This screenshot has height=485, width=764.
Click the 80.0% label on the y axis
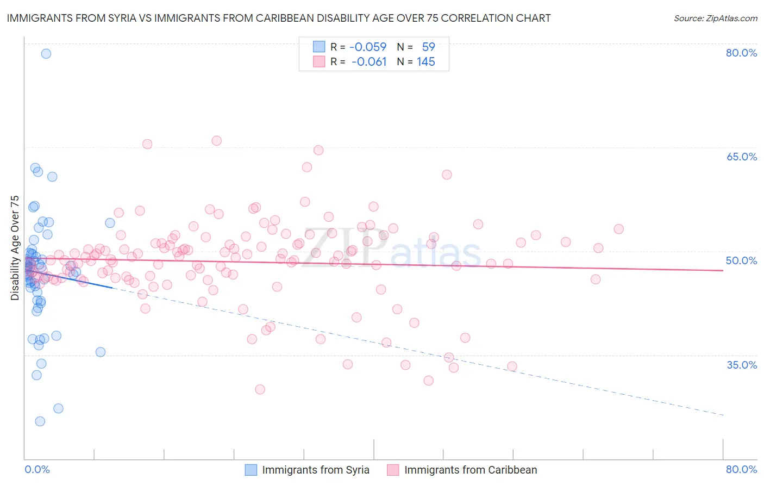(x=741, y=53)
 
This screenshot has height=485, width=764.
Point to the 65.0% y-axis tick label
(x=741, y=157)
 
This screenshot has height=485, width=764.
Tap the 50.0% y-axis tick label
(x=741, y=260)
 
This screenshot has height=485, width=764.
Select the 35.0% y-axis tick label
(x=741, y=365)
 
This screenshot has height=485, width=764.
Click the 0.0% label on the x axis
(x=37, y=469)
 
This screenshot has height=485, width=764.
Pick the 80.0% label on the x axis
(x=741, y=469)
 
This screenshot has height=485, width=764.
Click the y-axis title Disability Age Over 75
(x=15, y=248)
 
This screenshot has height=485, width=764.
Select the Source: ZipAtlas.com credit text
(x=715, y=18)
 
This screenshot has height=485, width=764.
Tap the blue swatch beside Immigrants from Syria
(x=251, y=470)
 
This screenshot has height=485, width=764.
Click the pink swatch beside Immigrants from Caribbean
(x=393, y=470)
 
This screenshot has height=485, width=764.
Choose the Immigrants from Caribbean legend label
(x=471, y=470)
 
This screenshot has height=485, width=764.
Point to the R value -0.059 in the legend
(x=368, y=47)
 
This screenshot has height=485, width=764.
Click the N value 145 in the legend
(x=426, y=62)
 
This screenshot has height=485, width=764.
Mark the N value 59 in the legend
(x=428, y=47)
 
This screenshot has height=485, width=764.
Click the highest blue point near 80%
(x=46, y=53)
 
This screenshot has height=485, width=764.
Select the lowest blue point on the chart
(x=40, y=421)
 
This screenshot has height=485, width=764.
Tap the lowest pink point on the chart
(x=260, y=389)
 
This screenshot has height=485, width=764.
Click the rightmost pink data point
(x=618, y=229)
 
